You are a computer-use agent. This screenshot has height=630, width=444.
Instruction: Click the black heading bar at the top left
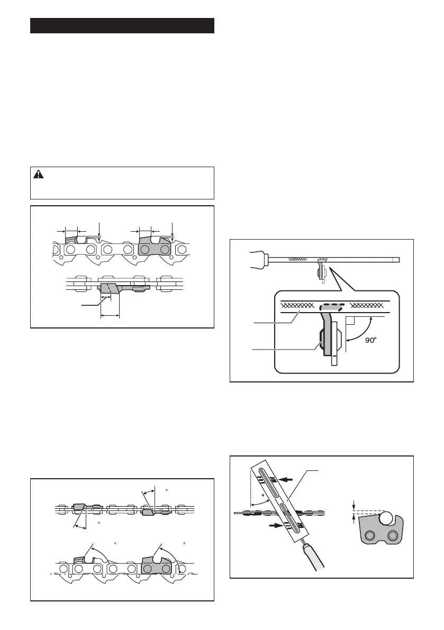coord(122,25)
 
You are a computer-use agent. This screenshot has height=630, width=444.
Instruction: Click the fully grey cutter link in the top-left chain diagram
coord(154,248)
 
